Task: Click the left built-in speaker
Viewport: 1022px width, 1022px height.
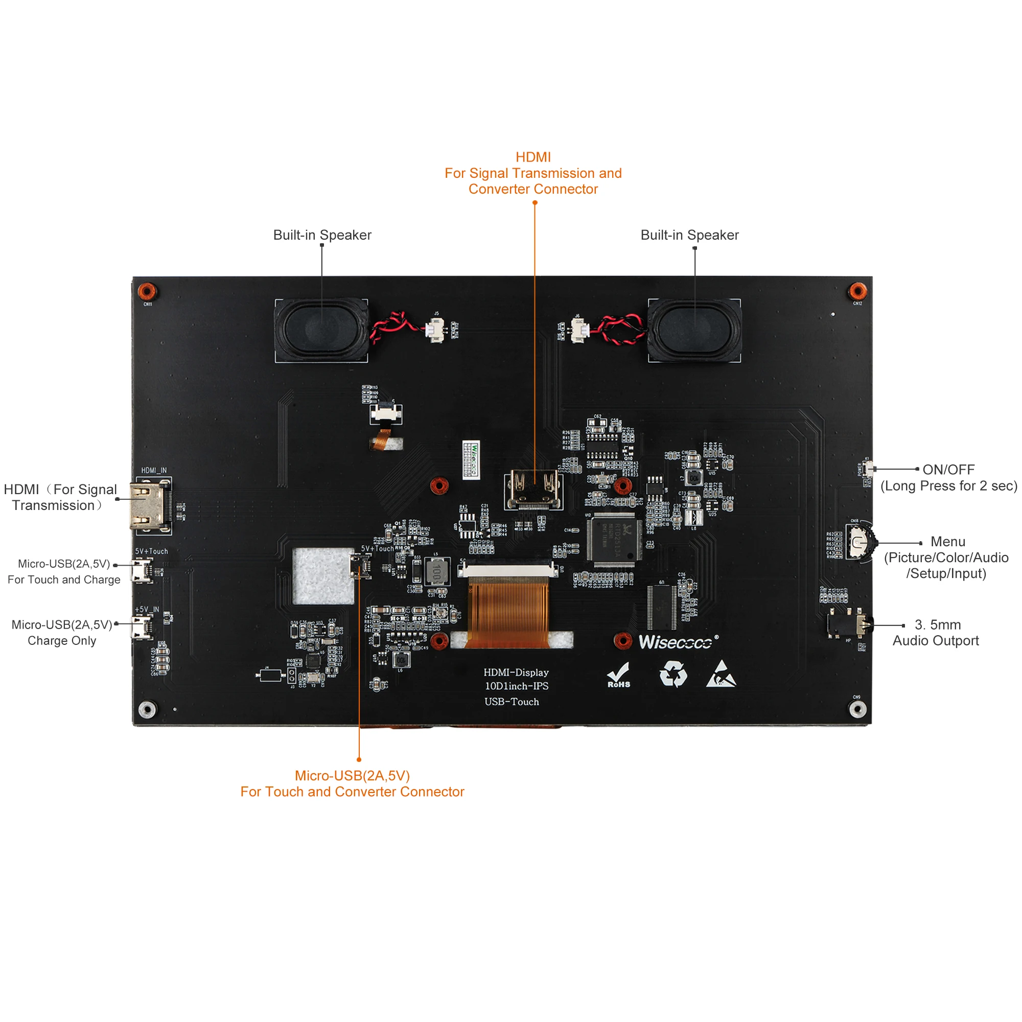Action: point(321,330)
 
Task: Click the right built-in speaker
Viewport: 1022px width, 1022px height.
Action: point(694,330)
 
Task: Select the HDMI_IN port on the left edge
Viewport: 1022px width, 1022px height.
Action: point(150,506)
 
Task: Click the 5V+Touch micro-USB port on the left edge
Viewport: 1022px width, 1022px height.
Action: point(142,570)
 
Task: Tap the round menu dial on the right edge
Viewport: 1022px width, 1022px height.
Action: point(860,542)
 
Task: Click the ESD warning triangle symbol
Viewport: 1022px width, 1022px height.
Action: point(721,675)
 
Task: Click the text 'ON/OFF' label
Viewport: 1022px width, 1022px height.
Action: point(948,470)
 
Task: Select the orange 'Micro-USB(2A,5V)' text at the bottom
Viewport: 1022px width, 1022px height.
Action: point(352,776)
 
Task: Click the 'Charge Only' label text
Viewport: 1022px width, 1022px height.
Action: point(62,641)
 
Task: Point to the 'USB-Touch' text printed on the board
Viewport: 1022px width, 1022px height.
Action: point(512,702)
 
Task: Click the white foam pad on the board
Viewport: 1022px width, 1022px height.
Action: point(322,575)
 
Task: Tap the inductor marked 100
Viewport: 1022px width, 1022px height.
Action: point(437,571)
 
